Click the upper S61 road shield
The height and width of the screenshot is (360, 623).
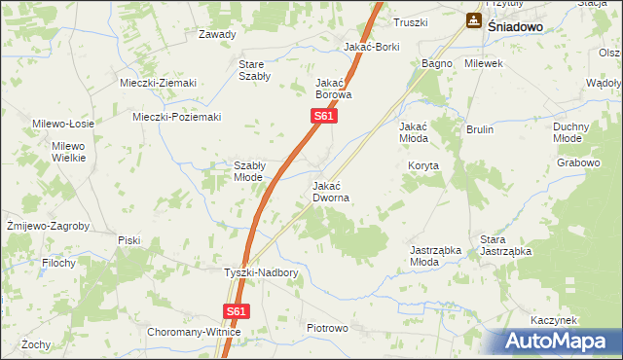(325, 117)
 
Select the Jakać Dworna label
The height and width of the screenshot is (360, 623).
(331, 191)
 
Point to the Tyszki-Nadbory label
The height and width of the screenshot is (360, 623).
(261, 273)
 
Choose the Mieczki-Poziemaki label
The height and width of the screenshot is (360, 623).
(177, 118)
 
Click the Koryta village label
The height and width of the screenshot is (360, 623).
(423, 166)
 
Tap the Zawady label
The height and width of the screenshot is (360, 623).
(217, 34)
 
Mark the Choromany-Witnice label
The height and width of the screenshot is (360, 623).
(194, 332)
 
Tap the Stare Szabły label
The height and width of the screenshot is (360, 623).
(254, 71)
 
